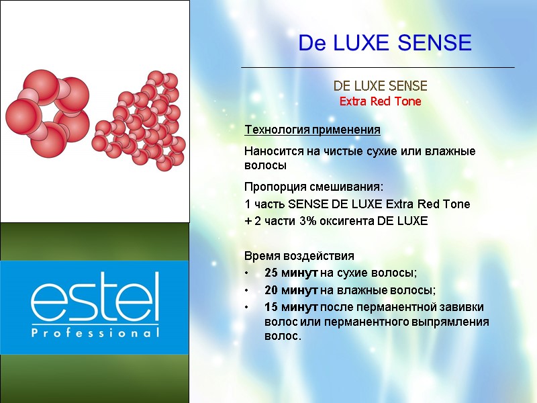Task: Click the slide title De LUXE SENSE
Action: pos(385,44)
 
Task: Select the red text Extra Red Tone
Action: pos(380,102)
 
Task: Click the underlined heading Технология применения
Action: pos(312,129)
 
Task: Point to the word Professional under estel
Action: pos(95,332)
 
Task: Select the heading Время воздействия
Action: pos(299,257)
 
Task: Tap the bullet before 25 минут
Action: pos(247,273)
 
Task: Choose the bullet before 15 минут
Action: pos(247,308)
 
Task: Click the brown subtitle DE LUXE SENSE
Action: pos(380,87)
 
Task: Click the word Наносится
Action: pos(273,151)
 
